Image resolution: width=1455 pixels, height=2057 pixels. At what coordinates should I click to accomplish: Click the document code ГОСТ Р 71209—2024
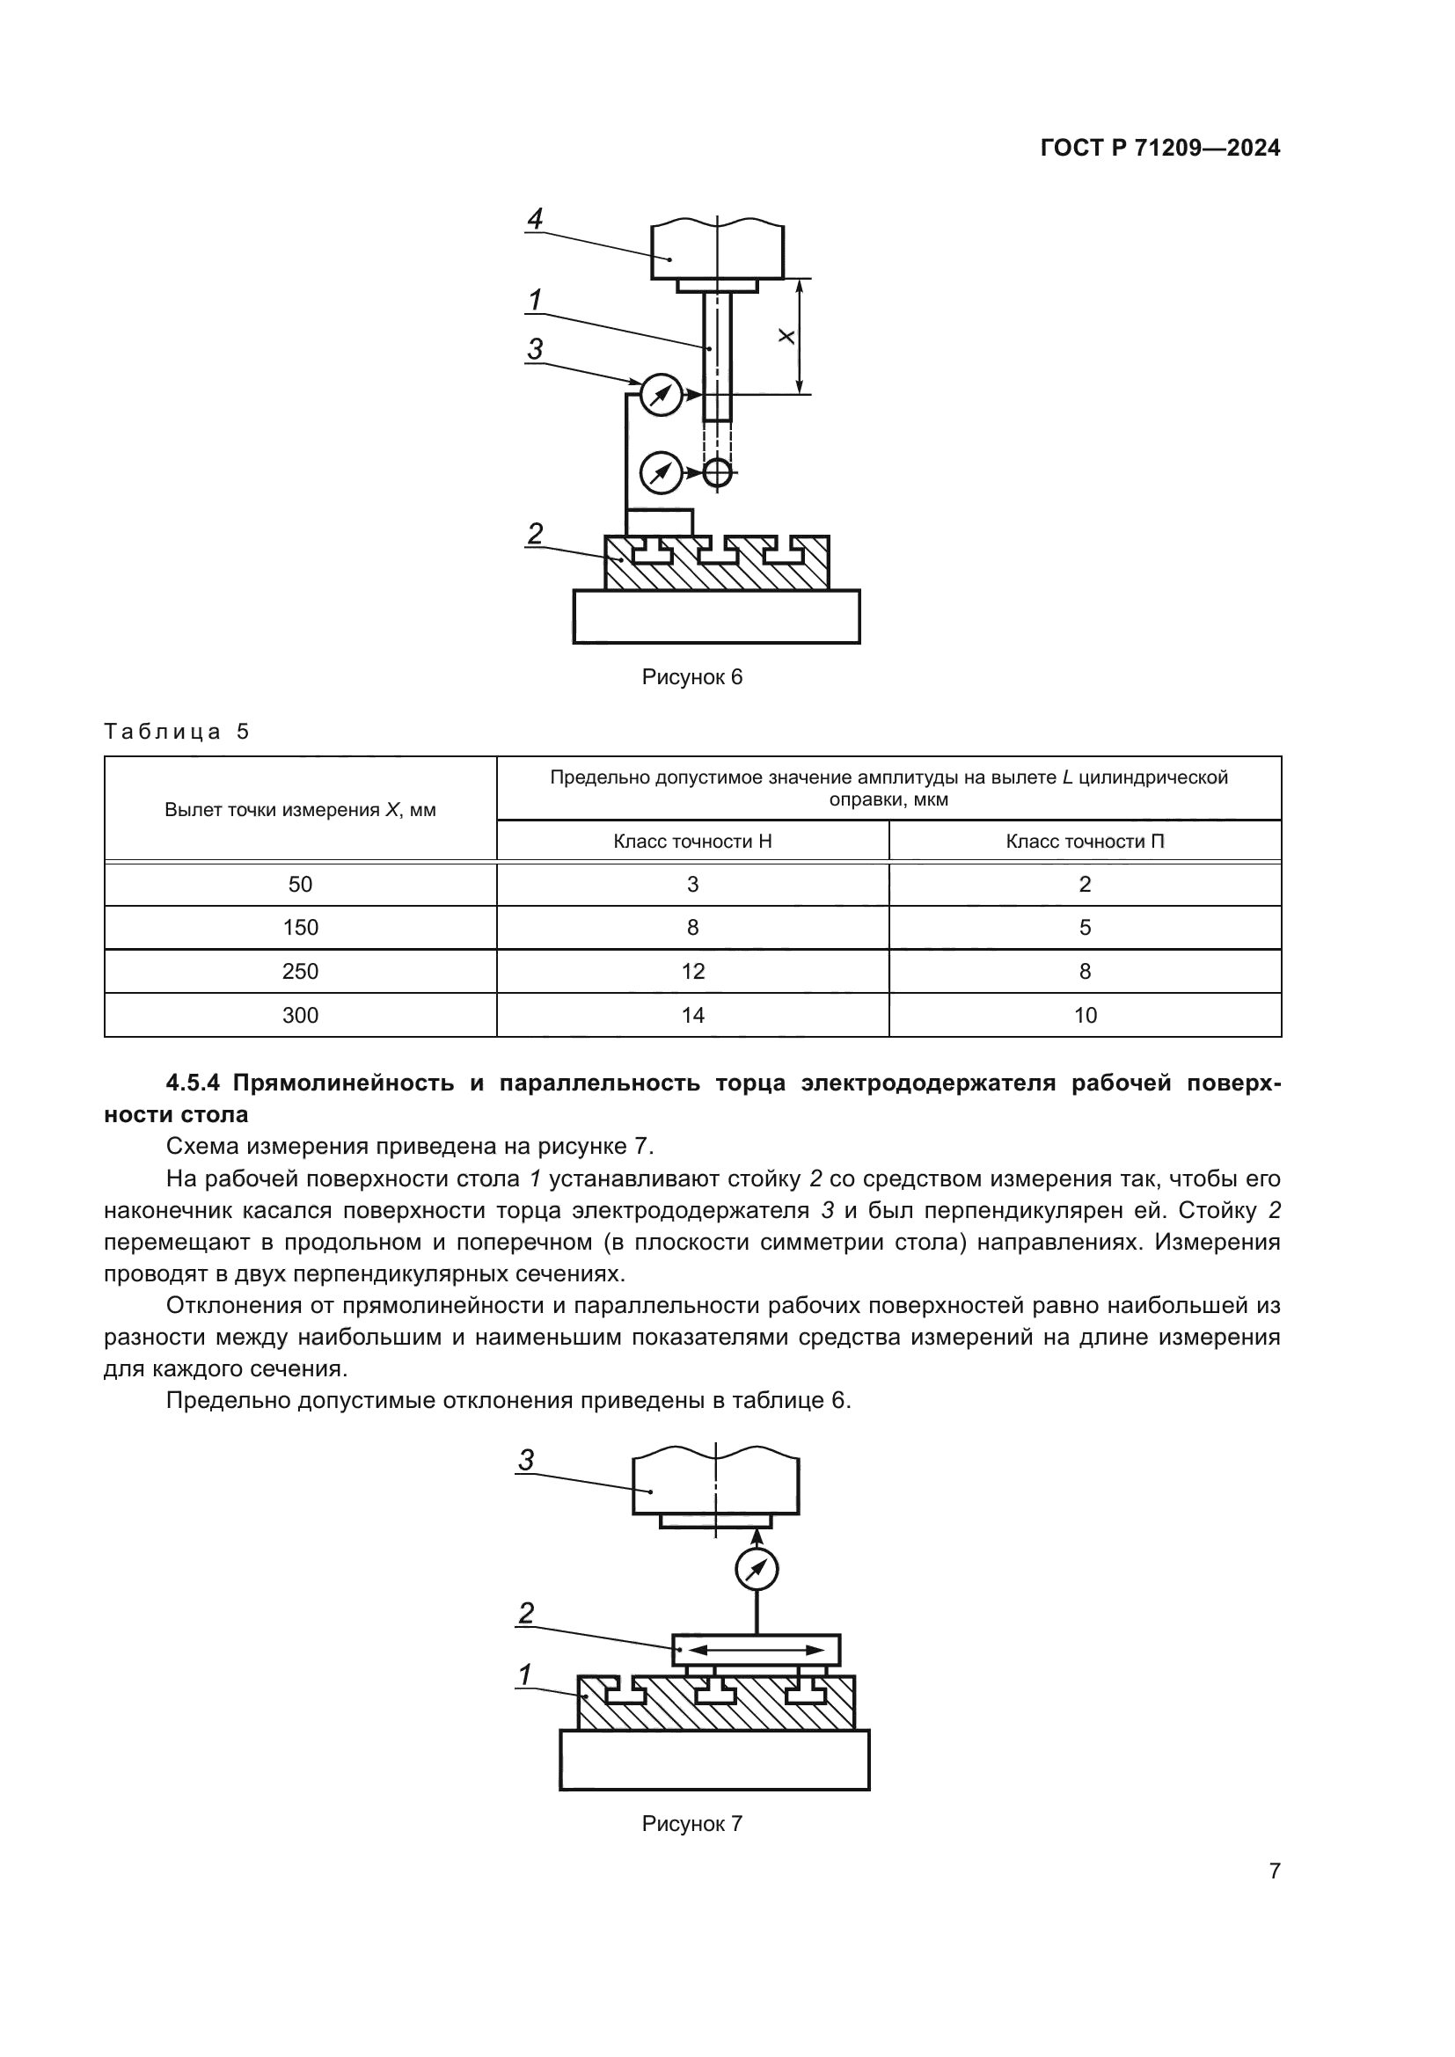(x=1160, y=148)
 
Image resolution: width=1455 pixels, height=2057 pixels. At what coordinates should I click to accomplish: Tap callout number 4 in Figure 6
(x=535, y=219)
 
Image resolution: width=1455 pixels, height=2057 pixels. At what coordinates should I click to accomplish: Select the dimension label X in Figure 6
(x=786, y=337)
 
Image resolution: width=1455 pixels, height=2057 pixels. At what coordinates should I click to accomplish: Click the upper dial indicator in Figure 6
(x=662, y=394)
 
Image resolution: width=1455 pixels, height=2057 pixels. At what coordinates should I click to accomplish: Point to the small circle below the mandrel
(x=717, y=472)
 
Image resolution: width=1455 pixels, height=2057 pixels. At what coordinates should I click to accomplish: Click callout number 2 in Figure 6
(x=535, y=534)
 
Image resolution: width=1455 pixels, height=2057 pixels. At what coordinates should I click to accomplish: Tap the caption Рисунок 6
(x=691, y=677)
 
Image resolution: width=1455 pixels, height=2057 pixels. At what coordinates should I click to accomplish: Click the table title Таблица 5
(x=177, y=732)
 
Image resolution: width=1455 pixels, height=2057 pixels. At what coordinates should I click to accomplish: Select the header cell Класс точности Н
(x=691, y=842)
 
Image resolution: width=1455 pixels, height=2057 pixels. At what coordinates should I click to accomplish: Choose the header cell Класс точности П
(x=1084, y=842)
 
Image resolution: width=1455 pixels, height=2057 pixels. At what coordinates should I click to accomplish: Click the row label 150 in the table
(x=300, y=928)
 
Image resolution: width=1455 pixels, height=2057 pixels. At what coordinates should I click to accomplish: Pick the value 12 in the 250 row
(x=691, y=972)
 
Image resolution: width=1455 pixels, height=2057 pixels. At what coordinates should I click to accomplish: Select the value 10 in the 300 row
(x=1084, y=1016)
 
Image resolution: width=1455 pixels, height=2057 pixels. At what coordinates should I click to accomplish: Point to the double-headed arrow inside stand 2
(x=757, y=1649)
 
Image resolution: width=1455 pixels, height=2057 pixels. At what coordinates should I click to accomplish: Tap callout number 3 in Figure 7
(x=526, y=1461)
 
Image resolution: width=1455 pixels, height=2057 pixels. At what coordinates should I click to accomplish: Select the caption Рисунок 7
(x=691, y=1824)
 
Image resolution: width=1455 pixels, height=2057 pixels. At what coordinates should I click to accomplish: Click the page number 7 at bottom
(x=1274, y=1871)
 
